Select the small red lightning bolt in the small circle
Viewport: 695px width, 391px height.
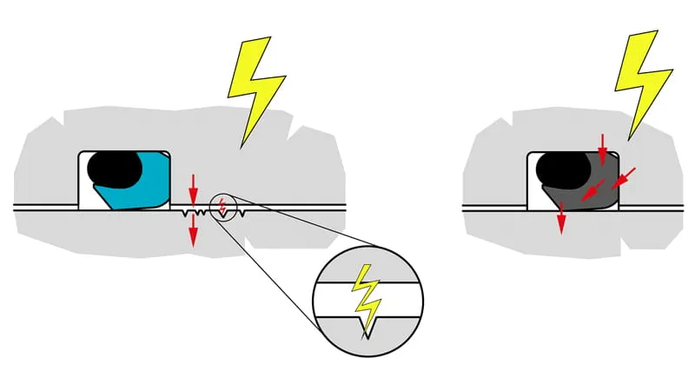click(222, 207)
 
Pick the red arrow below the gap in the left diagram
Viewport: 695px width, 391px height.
click(193, 228)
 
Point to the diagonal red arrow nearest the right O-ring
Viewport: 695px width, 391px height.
click(593, 190)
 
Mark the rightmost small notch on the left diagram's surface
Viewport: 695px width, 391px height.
click(241, 211)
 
